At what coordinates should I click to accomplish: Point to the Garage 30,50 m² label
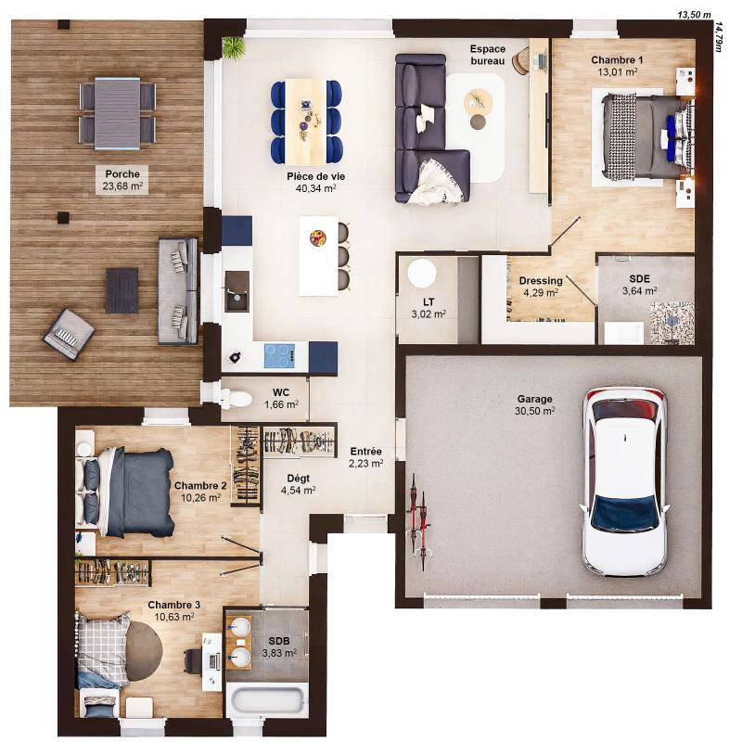tap(535, 405)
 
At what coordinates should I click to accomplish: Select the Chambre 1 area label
tap(617, 65)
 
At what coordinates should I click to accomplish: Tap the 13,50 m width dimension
tap(693, 15)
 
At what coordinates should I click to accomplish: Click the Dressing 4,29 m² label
tap(541, 287)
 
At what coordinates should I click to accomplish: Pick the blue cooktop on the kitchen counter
tap(279, 354)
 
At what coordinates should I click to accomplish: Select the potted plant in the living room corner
tap(233, 47)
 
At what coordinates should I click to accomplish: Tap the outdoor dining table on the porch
tap(117, 111)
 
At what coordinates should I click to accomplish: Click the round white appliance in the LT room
tap(422, 274)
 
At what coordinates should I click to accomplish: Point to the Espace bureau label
tap(488, 55)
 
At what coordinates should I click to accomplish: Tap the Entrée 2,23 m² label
tap(365, 458)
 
